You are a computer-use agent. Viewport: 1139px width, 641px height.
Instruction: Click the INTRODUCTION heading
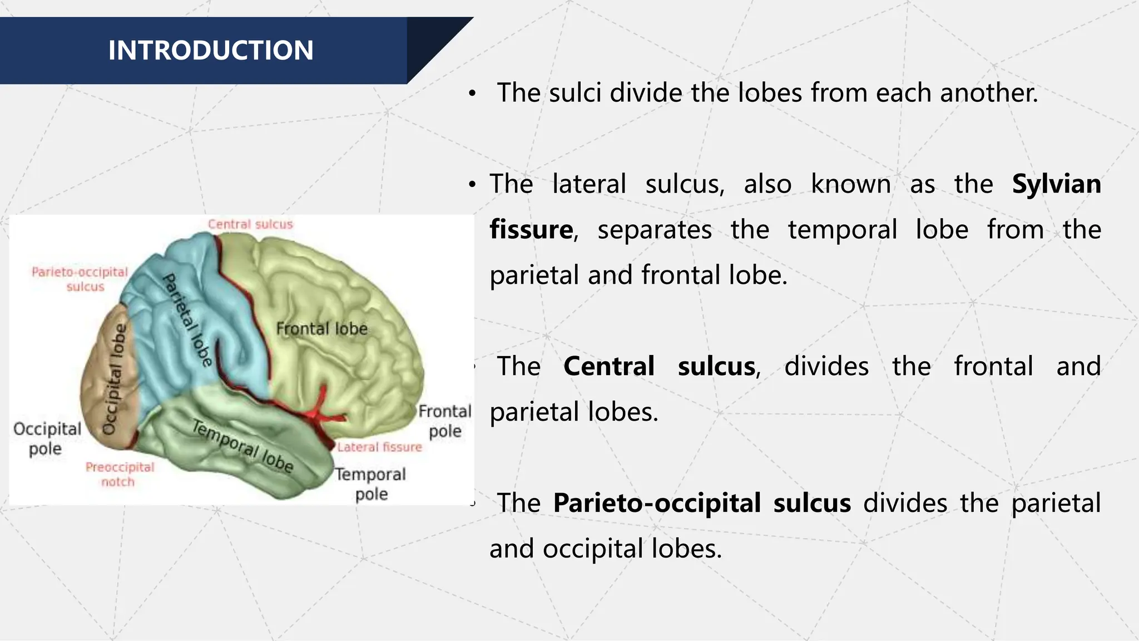[211, 51]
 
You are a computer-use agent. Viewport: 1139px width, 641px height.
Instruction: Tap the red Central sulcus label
[250, 224]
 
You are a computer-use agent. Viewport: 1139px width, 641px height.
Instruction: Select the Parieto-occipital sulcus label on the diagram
[80, 279]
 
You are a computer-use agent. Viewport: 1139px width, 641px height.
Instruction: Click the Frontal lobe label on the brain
[322, 329]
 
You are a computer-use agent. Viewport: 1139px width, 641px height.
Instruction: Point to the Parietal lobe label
[187, 320]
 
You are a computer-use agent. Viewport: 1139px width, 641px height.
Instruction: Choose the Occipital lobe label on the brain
[115, 379]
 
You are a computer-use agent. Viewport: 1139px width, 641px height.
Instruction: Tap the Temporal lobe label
[242, 446]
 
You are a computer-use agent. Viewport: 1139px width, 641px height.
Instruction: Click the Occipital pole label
[47, 438]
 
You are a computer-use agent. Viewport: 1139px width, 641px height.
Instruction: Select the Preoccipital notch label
[120, 474]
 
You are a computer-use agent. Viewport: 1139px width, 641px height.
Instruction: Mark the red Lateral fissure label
[379, 447]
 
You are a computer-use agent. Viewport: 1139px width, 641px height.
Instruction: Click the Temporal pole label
[371, 484]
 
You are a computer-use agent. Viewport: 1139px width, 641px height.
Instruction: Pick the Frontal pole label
[445, 421]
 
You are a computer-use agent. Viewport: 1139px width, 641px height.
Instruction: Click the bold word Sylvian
[1056, 184]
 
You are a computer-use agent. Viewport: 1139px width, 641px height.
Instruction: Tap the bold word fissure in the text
[531, 230]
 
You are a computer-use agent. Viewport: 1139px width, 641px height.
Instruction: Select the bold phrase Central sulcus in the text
[660, 367]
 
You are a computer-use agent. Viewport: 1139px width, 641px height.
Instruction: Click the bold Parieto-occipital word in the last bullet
[657, 503]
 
